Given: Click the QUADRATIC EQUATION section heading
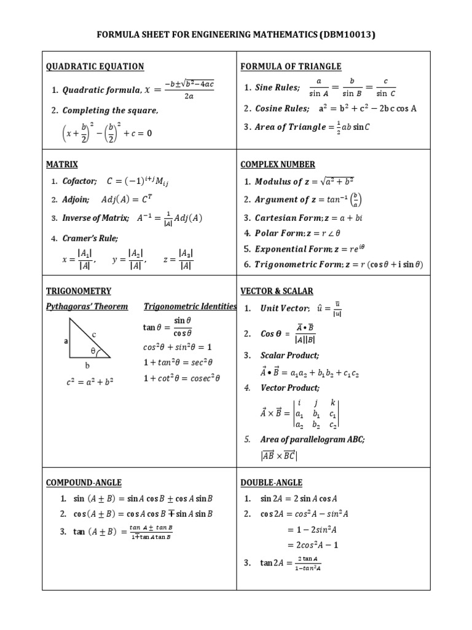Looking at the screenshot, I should tap(95, 66).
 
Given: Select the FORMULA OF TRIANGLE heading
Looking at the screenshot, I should tap(291, 66).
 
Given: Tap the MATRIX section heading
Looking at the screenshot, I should tap(62, 164).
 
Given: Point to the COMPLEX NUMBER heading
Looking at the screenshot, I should tap(278, 164).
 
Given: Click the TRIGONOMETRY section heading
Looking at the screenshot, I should tap(79, 291).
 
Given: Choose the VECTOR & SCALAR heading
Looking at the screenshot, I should tap(277, 291).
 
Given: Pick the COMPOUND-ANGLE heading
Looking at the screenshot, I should tap(84, 482).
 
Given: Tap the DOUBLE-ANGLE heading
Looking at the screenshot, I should tap(272, 482).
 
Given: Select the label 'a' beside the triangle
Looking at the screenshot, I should tap(65, 340).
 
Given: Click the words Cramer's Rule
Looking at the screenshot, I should tap(90, 238).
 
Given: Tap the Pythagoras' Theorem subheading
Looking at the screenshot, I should tap(87, 306).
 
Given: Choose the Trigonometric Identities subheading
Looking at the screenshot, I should tap(190, 306).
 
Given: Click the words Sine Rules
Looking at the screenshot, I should tap(277, 88).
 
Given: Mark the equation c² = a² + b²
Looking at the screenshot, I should tap(90, 381).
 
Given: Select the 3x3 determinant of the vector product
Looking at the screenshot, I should tap(317, 413).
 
